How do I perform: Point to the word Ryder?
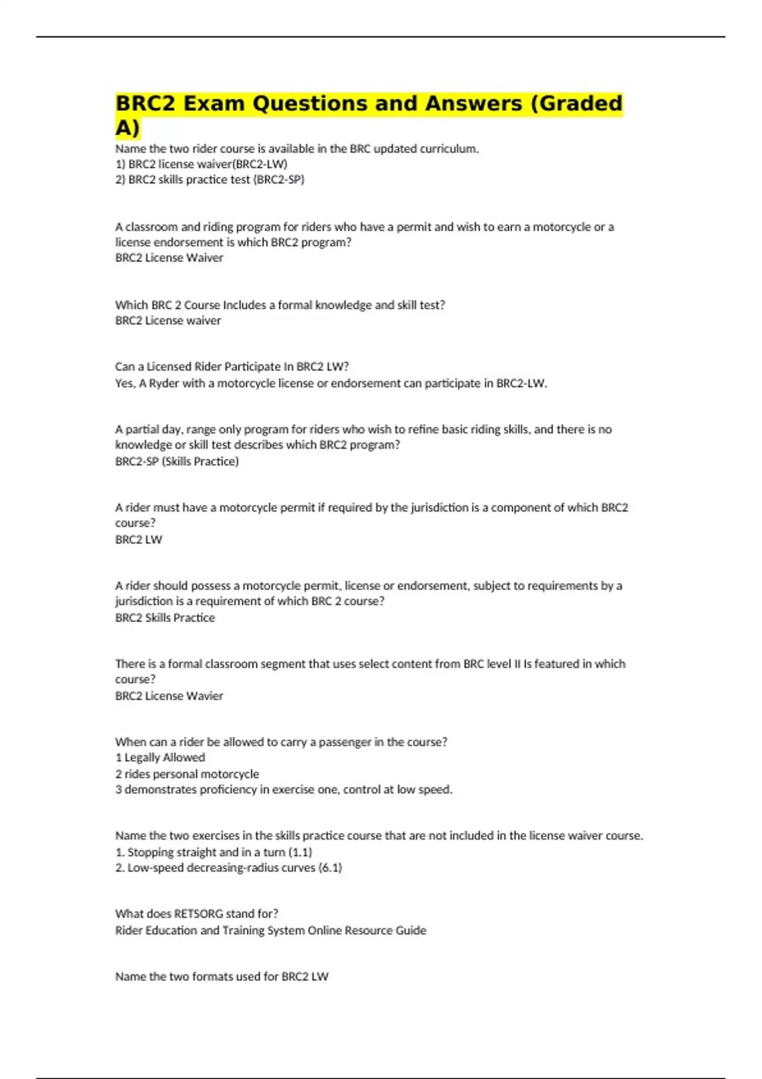click(164, 383)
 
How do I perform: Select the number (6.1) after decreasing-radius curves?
click(330, 868)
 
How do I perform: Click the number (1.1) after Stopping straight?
click(300, 852)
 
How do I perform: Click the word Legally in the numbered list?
click(142, 757)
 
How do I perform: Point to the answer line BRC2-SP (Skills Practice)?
click(177, 461)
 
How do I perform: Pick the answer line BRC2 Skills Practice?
click(165, 618)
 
